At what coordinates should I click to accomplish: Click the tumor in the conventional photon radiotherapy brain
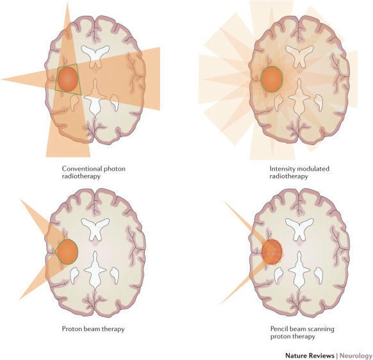[68, 80]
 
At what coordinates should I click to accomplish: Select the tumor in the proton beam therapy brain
[68, 252]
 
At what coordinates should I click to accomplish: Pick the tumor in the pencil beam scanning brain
[272, 252]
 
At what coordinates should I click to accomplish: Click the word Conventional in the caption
[79, 169]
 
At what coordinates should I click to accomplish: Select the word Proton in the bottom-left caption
[70, 329]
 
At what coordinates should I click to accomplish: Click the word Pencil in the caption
[278, 329]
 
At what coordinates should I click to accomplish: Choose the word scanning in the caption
[322, 329]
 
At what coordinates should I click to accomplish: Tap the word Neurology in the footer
[356, 356]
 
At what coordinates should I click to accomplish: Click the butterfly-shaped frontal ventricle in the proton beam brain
[95, 228]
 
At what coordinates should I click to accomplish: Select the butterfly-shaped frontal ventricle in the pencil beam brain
[299, 228]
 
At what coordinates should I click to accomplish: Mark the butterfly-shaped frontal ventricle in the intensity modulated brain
[299, 56]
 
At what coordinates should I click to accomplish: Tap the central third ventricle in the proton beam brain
[95, 270]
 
